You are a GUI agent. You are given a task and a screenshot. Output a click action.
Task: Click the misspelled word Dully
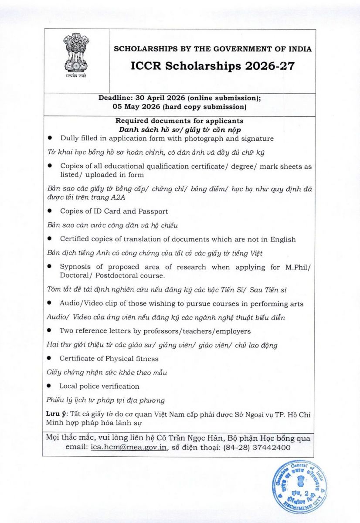pos(70,139)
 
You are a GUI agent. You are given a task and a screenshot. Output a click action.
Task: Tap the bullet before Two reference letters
pos(50,331)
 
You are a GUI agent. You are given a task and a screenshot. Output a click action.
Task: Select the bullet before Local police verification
pos(50,386)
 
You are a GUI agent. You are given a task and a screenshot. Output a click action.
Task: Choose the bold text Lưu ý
pos(55,414)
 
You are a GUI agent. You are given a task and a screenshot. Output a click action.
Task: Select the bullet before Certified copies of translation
pos(50,239)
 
